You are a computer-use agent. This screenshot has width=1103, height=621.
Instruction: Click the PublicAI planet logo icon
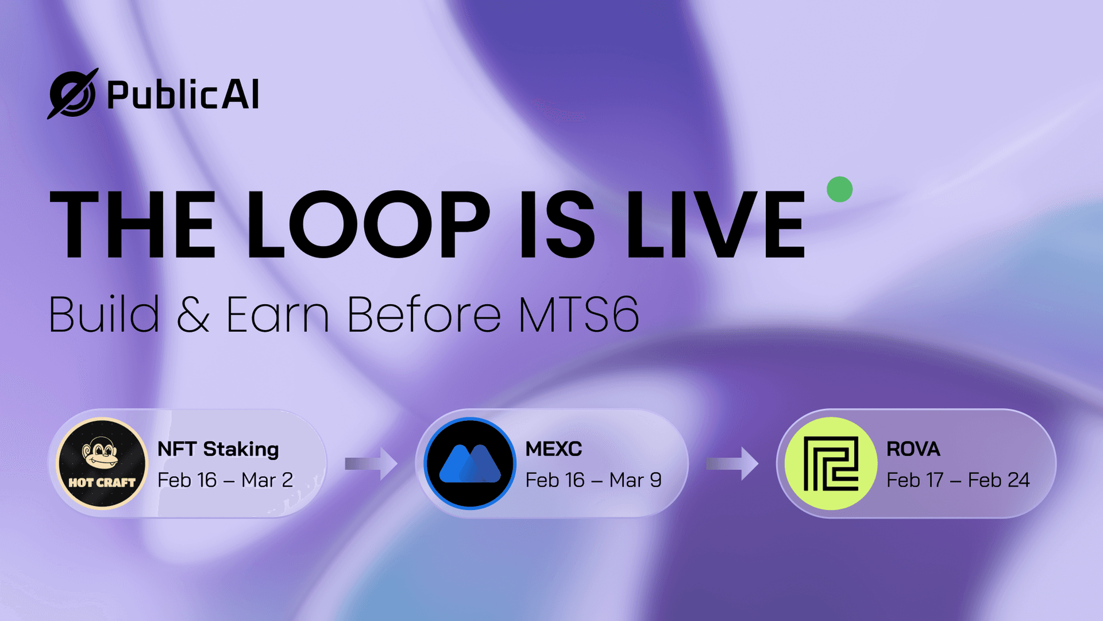pos(72,94)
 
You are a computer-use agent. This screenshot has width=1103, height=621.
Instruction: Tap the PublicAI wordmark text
pos(183,95)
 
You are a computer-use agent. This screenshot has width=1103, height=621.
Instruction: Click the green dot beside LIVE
pos(839,189)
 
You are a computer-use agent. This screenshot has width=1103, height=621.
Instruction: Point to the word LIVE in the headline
pos(715,224)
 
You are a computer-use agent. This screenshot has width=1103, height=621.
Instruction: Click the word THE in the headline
pos(133,224)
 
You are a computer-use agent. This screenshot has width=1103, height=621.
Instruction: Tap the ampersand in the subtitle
pos(192,315)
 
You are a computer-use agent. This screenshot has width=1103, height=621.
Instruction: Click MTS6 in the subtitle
pos(579,315)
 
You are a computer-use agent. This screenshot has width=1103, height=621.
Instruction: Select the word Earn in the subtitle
pos(277,315)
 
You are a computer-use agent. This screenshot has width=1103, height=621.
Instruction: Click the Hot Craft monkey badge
pos(102,463)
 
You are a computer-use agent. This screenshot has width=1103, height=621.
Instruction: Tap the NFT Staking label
pos(218,449)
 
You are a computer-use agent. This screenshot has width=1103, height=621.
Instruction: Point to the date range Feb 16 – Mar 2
pos(225,480)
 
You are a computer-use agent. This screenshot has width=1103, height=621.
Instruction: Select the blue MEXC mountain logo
pos(470,463)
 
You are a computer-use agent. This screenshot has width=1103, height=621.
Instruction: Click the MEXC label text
pos(554,449)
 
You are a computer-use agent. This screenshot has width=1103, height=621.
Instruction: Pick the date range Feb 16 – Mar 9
pos(593,480)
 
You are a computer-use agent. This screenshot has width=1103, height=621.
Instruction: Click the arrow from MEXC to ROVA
pos(732,463)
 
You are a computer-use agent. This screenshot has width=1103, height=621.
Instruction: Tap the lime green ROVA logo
pos(831,463)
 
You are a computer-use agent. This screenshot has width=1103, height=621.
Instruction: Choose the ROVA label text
pos(913,449)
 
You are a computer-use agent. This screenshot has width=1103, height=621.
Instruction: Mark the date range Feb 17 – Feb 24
pos(958,480)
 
